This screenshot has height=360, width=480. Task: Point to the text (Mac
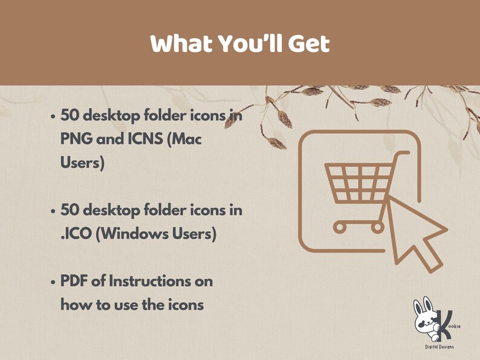click(184, 138)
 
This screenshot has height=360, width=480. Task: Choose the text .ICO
click(75, 233)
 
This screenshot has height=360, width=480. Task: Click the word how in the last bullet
click(73, 305)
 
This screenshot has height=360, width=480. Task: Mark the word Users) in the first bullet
click(82, 162)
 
